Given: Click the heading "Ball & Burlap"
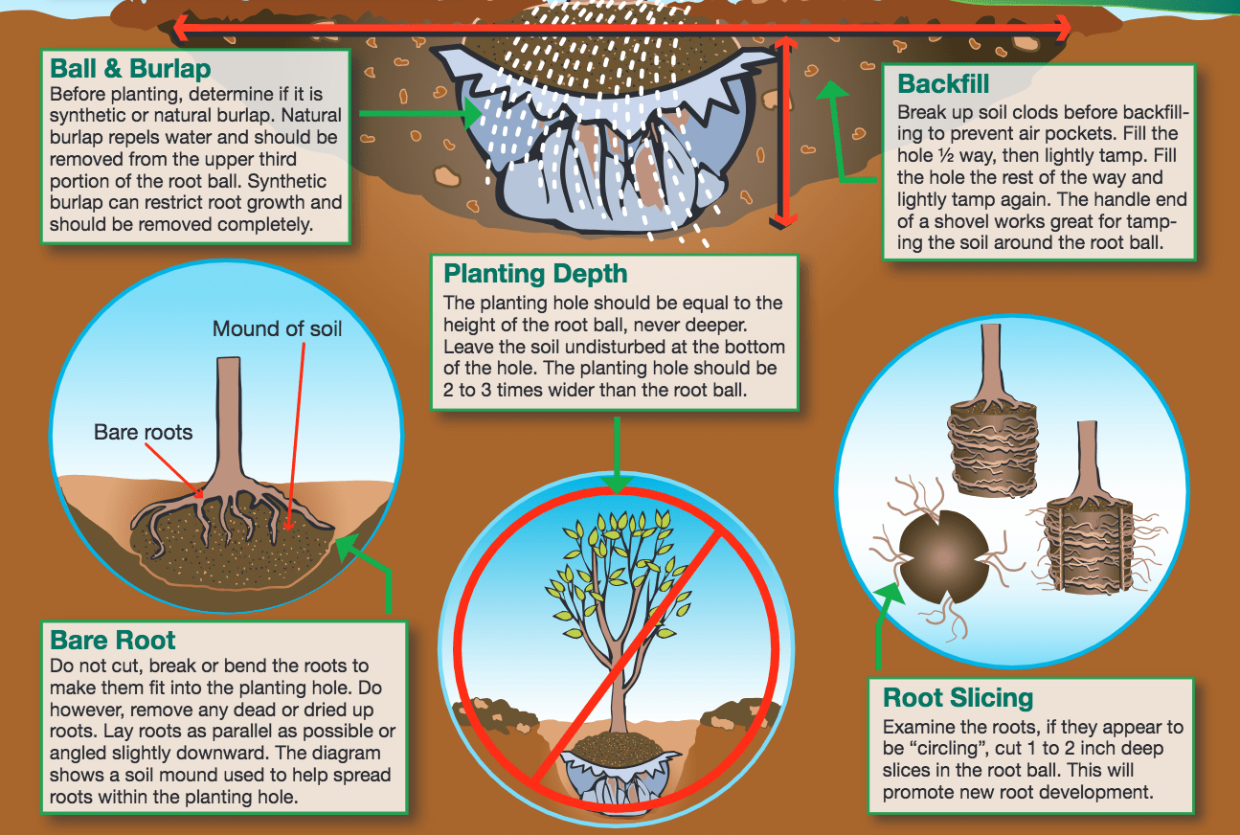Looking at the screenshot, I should (130, 69).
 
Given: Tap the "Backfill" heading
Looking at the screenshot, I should (943, 83).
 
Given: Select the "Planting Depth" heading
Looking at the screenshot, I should (535, 274).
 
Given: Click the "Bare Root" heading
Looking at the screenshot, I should (113, 640).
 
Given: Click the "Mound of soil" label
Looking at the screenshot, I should (277, 329).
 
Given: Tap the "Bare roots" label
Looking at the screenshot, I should (143, 432).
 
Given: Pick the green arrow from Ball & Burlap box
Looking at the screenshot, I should (421, 114).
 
